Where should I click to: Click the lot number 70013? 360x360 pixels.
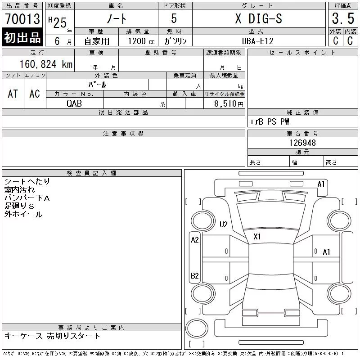[x=22, y=18]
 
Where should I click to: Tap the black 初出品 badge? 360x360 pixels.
[x=22, y=37]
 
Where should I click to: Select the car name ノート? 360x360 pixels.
[x=117, y=18]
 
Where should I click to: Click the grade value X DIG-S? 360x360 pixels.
[x=259, y=18]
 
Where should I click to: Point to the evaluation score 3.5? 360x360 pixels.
[x=343, y=18]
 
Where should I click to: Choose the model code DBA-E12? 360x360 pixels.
[x=258, y=41]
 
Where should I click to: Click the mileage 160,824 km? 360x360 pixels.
[x=46, y=64]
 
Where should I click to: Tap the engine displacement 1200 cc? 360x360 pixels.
[x=141, y=41]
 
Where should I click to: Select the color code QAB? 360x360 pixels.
[x=74, y=103]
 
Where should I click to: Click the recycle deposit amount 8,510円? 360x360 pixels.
[x=229, y=104]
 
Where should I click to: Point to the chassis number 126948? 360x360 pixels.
[x=302, y=143]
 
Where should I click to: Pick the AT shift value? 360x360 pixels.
[x=13, y=94]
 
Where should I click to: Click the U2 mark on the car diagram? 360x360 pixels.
[x=223, y=224]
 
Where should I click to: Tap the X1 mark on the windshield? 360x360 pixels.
[x=257, y=237]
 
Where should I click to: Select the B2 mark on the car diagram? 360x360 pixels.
[x=195, y=275]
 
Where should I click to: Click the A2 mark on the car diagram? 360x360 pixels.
[x=195, y=240]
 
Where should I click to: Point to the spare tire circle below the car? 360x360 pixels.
[x=197, y=328]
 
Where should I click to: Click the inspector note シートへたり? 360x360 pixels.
[x=27, y=182]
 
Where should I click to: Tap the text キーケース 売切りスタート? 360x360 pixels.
[x=52, y=336]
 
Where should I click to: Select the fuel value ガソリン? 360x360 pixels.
[x=175, y=41]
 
